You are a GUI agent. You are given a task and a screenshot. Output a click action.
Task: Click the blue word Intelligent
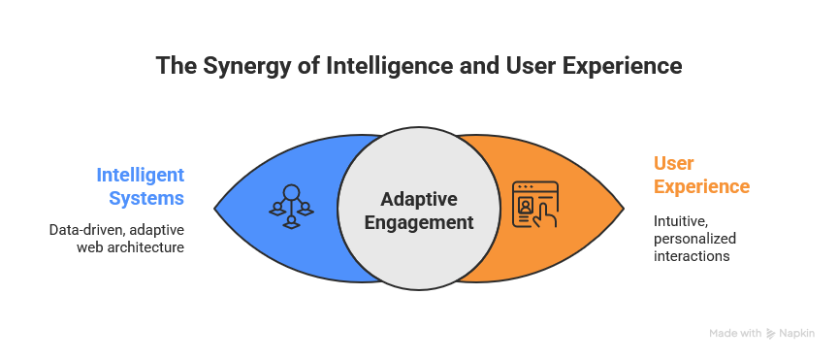pos(140,175)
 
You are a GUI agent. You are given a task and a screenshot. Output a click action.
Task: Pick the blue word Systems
pos(146,198)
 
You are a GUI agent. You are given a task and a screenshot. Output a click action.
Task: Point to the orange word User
pos(674,163)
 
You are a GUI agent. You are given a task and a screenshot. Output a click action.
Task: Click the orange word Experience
pos(701,186)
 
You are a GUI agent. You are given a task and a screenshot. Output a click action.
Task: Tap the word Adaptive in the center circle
pos(419,200)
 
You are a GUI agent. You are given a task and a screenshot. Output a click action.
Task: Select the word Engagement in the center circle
pos(419,222)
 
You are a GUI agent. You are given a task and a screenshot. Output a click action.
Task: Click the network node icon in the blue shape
pos(291,207)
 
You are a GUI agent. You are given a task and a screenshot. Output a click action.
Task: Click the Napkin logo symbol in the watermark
pos(770,333)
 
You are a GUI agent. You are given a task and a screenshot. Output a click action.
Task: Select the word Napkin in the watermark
pos(797,333)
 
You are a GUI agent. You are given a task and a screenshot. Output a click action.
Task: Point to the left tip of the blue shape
pos(214,208)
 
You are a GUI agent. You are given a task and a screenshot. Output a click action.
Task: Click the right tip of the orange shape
pos(624,208)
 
